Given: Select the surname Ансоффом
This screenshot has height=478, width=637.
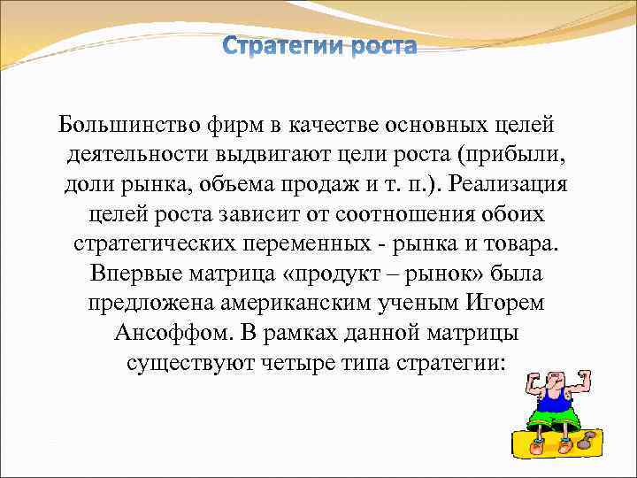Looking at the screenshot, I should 165,335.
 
